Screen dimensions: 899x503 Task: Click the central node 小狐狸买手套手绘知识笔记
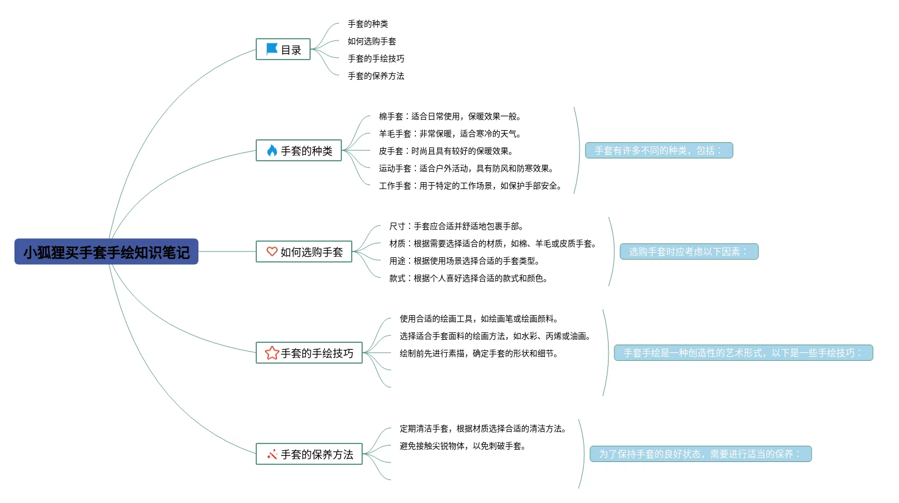click(x=106, y=252)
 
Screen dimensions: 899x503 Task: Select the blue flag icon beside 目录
click(x=271, y=49)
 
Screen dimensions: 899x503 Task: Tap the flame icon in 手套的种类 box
click(x=272, y=150)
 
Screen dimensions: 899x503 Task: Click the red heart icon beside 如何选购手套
click(x=272, y=251)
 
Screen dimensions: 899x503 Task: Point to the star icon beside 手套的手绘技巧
click(x=272, y=353)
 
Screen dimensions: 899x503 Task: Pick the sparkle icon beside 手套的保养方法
click(x=272, y=454)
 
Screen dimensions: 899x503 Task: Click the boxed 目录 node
click(x=283, y=50)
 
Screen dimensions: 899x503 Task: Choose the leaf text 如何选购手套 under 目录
click(x=371, y=41)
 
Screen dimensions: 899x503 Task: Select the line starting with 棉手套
click(x=449, y=116)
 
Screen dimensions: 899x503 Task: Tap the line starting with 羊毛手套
click(x=449, y=134)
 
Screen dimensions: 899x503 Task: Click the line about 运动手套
click(x=466, y=168)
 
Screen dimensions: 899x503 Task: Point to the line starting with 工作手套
click(x=470, y=186)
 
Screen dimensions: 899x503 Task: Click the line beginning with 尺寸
click(x=456, y=226)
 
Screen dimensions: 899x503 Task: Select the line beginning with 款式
click(x=468, y=278)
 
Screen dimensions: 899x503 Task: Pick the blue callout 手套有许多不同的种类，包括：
click(x=659, y=150)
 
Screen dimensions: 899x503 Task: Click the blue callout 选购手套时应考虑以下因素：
click(x=688, y=251)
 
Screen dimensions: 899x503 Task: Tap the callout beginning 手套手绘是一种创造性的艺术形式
click(x=743, y=353)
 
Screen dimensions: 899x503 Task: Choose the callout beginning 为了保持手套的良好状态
click(x=701, y=454)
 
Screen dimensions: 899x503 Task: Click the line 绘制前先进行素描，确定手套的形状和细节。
click(x=478, y=353)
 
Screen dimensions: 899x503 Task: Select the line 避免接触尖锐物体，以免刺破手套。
click(x=462, y=446)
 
